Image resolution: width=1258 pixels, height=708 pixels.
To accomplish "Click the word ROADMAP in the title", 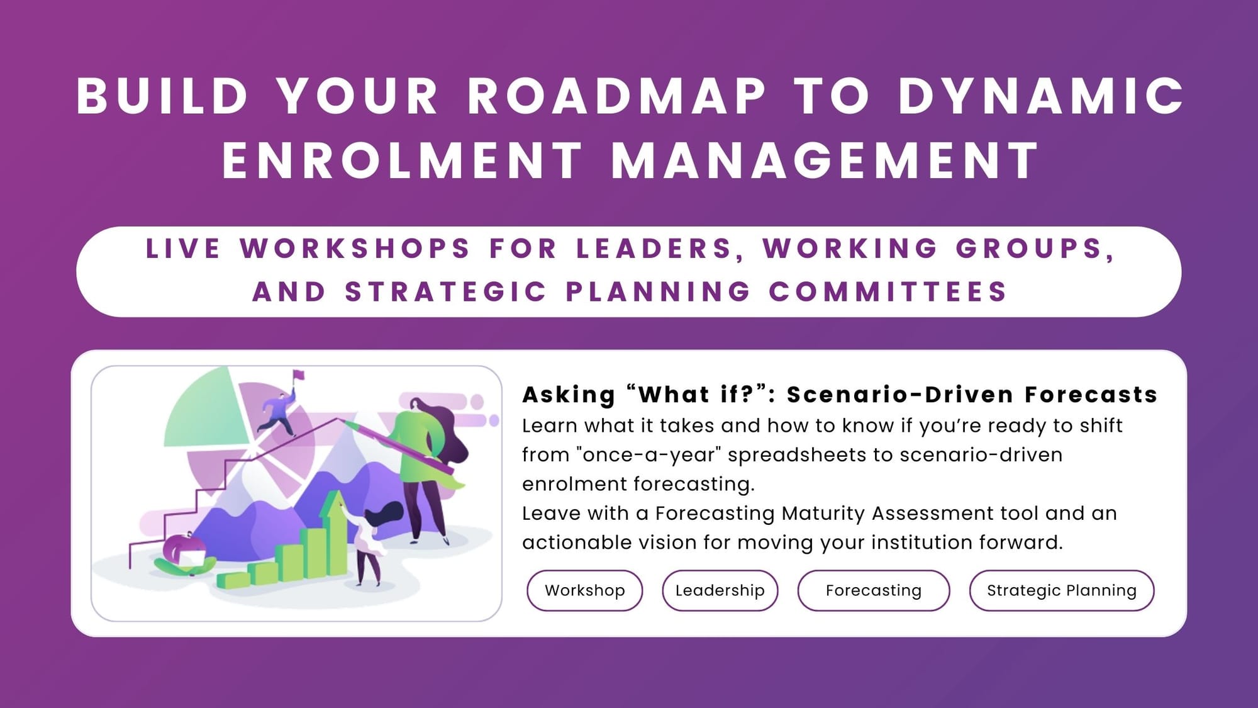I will pyautogui.click(x=616, y=97).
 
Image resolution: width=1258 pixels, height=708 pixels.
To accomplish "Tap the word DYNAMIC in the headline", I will pyautogui.click(x=1041, y=97).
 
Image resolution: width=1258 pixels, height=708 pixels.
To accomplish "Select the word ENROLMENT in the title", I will pyautogui.click(x=403, y=161).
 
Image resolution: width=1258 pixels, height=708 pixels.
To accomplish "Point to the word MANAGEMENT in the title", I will pyautogui.click(x=825, y=161).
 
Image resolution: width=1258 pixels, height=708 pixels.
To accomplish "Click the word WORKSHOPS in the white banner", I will pyautogui.click(x=355, y=249).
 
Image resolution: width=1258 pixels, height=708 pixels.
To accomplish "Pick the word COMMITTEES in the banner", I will pyautogui.click(x=888, y=292).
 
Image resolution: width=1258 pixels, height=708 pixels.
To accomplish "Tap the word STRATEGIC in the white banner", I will pyautogui.click(x=446, y=292).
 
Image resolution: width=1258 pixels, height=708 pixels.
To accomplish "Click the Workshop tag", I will pyautogui.click(x=584, y=590).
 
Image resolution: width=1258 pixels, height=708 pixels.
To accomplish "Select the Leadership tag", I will pyautogui.click(x=720, y=590).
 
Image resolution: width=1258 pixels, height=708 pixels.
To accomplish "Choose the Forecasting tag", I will pyautogui.click(x=873, y=590).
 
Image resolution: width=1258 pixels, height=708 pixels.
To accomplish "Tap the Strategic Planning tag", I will pyautogui.click(x=1061, y=590).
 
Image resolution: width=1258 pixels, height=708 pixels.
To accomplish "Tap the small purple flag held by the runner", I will pyautogui.click(x=299, y=376).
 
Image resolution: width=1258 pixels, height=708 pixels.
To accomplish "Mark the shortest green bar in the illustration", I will pyautogui.click(x=232, y=580).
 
